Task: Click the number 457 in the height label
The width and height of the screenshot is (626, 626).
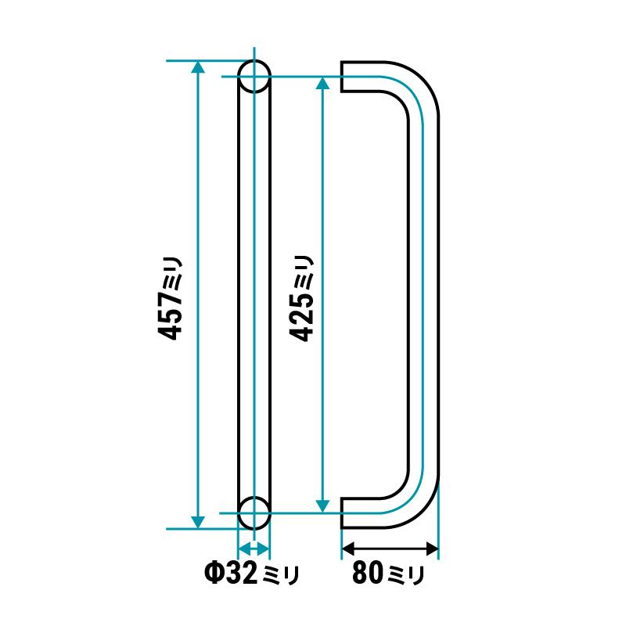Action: click(x=170, y=316)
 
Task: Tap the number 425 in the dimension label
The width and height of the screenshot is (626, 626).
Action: click(x=302, y=317)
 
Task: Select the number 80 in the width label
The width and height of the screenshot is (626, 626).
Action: click(x=367, y=572)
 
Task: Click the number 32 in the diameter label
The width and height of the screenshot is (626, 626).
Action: click(x=239, y=573)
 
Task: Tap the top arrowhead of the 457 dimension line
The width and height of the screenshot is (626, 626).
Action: click(x=198, y=67)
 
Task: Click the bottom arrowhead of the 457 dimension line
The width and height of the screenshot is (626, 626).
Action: click(x=198, y=522)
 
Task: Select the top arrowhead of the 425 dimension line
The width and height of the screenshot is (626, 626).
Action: click(x=322, y=83)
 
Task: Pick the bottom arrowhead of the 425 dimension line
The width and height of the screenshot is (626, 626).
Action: click(x=322, y=506)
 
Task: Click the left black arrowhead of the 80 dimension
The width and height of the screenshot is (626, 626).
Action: click(x=348, y=549)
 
